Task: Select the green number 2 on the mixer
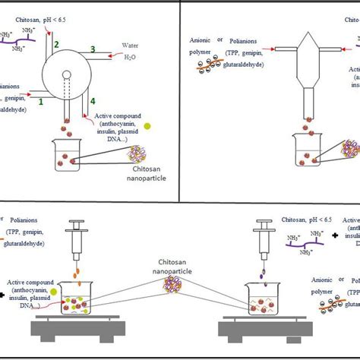coord(55,46)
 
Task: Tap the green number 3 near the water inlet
coord(93,50)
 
